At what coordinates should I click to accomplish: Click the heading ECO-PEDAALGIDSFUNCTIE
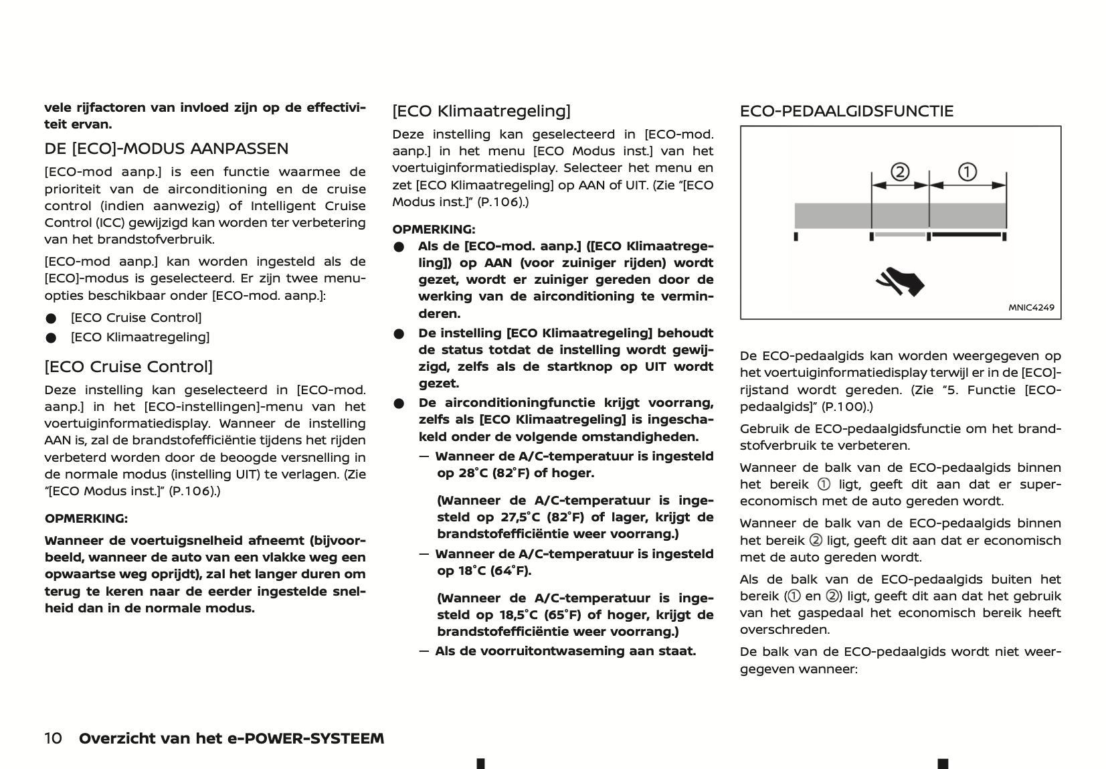coord(846,111)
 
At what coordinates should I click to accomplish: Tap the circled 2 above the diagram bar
coord(900,173)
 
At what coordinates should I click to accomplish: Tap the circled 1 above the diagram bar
coord(967,172)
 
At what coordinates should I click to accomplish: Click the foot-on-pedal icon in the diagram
coord(901,281)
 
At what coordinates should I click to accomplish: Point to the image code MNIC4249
coord(1031,308)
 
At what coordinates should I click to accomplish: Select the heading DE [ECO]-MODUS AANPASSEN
coord(167,149)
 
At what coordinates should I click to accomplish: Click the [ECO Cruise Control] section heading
coord(128,367)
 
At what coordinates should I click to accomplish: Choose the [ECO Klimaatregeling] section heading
coord(481,111)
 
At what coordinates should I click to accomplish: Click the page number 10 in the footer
coord(54,738)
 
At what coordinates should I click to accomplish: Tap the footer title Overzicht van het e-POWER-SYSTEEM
coord(232,738)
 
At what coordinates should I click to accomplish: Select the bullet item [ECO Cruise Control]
coord(136,318)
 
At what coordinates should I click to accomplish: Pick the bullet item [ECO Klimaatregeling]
coord(140,337)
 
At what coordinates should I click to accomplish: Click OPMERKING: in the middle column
coord(434,229)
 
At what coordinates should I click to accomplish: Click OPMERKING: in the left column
coord(86,519)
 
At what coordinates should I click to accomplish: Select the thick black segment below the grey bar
coord(968,235)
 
